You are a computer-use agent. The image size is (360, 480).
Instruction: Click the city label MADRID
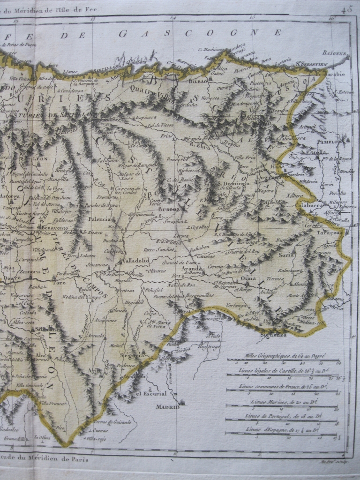(167, 407)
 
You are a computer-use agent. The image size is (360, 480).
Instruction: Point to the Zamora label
(29, 271)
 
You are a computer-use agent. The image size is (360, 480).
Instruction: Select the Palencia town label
(101, 218)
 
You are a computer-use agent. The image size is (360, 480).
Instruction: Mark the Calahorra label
(309, 205)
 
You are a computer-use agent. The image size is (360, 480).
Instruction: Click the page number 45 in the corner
(346, 8)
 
